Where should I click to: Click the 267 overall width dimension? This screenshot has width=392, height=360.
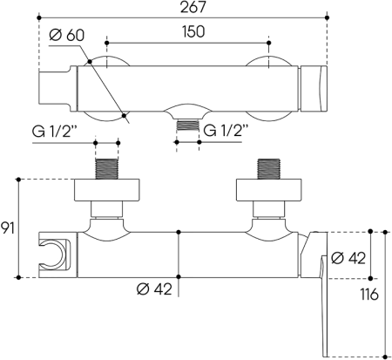pos(193,7)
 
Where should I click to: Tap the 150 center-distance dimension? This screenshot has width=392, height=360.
pos(193,31)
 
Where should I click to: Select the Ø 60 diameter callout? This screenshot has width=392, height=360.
pos(67,35)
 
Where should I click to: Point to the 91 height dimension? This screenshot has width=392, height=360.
pos(7,228)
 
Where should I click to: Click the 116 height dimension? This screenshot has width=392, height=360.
pos(369,295)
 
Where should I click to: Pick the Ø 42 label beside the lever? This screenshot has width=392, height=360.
pos(348,258)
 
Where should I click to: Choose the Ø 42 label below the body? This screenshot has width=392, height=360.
pos(154,289)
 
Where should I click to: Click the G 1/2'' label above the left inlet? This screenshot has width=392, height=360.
pos(54,132)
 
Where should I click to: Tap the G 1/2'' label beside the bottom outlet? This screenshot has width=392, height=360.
pos(226,131)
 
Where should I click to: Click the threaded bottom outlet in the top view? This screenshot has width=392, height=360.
pos(188,125)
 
